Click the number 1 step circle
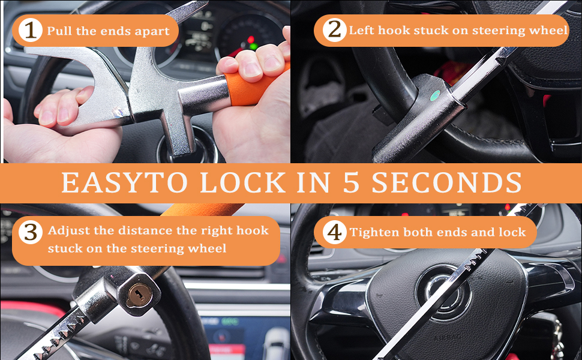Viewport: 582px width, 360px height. (29, 31)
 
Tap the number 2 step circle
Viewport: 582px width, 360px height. (334, 30)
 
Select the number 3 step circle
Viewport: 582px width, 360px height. (30, 232)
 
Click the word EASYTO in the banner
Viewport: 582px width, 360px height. (125, 182)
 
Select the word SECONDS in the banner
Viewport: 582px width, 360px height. (446, 182)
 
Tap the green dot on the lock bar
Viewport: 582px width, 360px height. (435, 95)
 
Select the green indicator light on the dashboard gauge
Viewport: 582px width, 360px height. (253, 46)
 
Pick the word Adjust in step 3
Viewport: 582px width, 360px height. (66, 230)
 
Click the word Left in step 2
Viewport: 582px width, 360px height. (361, 30)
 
